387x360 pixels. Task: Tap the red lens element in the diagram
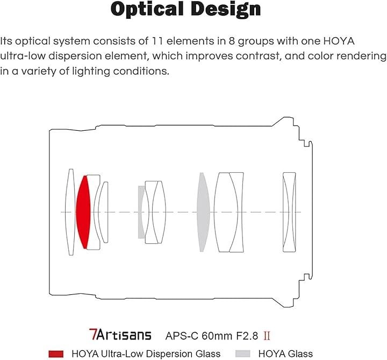click(83, 211)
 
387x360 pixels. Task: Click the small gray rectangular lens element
click(141, 212)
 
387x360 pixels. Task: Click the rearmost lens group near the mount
click(289, 212)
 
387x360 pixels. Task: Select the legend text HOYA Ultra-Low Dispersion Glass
click(146, 354)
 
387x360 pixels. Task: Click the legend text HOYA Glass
click(286, 354)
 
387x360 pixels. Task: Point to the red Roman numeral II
click(267, 336)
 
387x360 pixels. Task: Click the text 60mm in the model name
click(213, 336)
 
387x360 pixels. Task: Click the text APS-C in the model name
click(182, 336)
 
